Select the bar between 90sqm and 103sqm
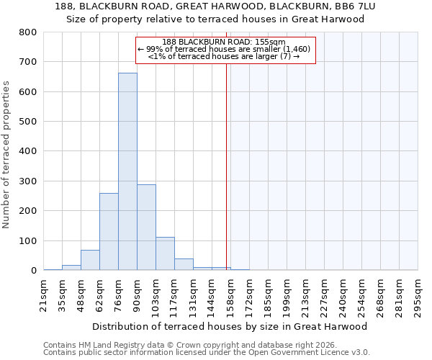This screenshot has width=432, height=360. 146,228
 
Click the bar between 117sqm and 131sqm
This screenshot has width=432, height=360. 184,264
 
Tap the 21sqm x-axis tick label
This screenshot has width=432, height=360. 43,293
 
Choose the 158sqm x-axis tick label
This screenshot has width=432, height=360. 230,293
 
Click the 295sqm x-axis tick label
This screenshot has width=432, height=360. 418,293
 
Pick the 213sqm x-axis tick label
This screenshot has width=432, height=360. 305,293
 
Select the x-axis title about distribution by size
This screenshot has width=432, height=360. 230,326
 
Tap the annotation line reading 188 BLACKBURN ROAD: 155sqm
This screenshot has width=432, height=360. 224,42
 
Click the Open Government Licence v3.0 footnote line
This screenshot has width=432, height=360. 207,353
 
